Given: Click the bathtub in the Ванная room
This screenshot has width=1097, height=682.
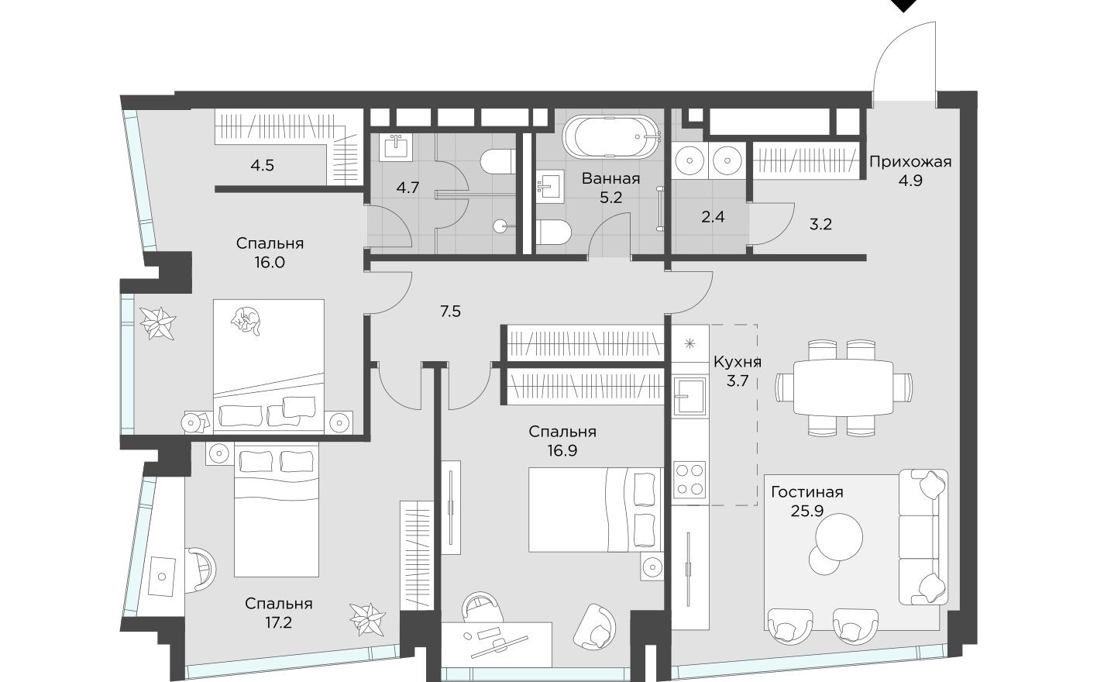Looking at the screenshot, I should pyautogui.click(x=612, y=136).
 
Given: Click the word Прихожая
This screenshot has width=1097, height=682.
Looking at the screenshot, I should pyautogui.click(x=910, y=162).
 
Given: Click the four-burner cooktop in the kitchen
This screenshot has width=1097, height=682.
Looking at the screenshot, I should pyautogui.click(x=689, y=478).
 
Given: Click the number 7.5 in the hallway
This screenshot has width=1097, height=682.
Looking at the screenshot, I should pyautogui.click(x=450, y=312).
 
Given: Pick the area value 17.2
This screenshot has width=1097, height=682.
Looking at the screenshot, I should pyautogui.click(x=278, y=622).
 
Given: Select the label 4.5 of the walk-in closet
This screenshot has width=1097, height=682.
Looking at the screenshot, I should pyautogui.click(x=262, y=165).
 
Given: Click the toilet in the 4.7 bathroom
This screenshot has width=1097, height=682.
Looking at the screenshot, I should pyautogui.click(x=497, y=163).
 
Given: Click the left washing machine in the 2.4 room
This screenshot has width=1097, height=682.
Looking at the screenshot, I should pyautogui.click(x=689, y=160).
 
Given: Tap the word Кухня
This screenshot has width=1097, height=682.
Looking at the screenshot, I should pyautogui.click(x=737, y=362).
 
